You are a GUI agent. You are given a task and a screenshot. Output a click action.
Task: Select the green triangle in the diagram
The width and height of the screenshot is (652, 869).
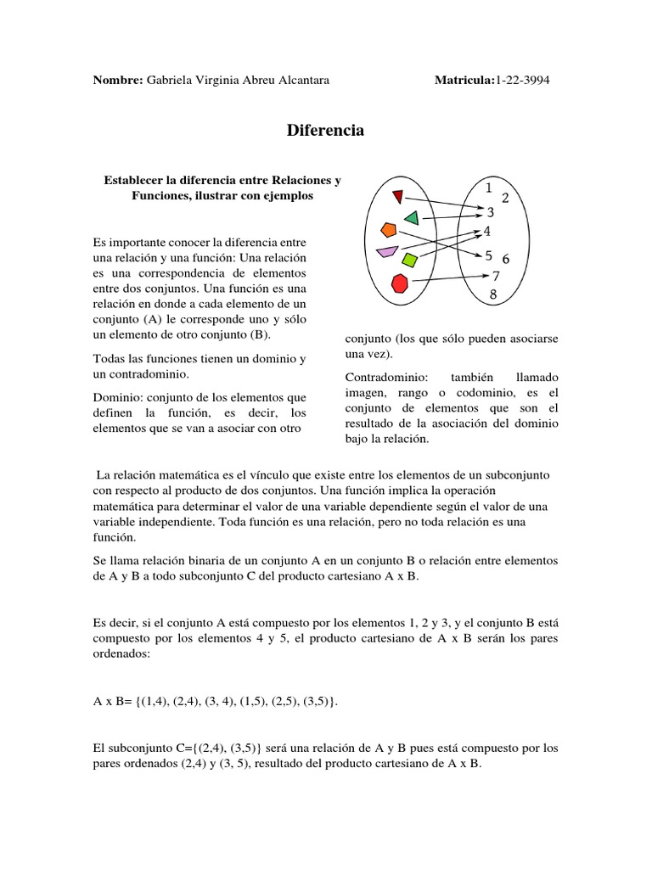tap(412, 217)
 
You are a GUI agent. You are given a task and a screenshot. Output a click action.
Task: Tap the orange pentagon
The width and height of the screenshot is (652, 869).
tap(389, 229)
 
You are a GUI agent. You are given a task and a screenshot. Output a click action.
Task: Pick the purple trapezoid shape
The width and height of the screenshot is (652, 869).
tap(387, 251)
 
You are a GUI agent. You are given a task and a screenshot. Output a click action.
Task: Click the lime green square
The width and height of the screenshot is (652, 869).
tap(410, 259)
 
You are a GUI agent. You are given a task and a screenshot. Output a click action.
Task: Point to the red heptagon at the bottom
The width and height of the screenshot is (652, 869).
tap(400, 283)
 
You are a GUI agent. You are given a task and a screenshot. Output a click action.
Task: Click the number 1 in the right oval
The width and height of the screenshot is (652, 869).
tap(489, 188)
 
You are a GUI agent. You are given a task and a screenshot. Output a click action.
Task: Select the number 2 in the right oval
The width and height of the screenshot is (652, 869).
tap(505, 199)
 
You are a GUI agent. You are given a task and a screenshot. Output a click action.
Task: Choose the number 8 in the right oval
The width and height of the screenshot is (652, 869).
tap(492, 294)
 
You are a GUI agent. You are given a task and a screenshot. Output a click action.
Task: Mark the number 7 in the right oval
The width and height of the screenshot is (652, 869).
tap(496, 276)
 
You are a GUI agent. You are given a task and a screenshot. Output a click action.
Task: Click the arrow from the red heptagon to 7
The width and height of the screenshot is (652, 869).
tap(450, 279)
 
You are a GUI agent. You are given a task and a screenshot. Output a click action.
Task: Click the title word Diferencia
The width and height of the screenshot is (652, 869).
tap(325, 131)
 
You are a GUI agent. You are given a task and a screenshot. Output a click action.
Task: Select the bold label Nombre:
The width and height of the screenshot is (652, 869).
tap(117, 80)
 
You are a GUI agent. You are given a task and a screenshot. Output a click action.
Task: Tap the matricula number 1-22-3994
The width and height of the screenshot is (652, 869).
tap(528, 80)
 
